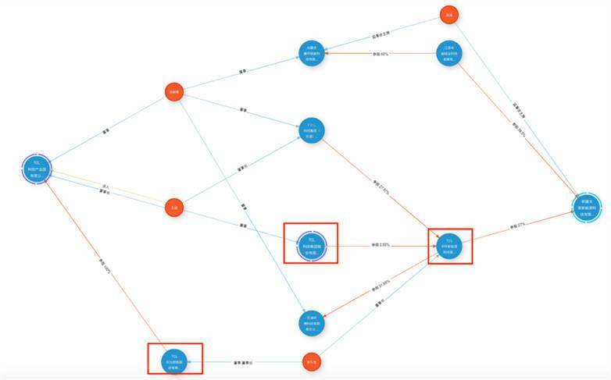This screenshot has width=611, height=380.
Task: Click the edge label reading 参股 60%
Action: point(380,54)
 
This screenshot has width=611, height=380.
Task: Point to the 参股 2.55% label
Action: point(381,245)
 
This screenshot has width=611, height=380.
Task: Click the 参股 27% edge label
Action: point(516,226)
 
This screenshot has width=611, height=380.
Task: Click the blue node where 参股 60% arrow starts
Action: point(447,54)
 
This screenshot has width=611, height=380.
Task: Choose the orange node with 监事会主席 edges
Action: point(448,15)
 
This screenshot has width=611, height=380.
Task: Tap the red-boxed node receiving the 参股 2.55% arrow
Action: point(448,244)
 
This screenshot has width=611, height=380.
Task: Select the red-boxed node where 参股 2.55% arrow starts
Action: point(311,244)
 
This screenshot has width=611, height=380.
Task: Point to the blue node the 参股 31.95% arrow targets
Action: point(311,321)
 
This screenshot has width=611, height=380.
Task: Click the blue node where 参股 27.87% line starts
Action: point(311,130)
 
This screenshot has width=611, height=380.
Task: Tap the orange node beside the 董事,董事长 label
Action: point(311,362)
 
